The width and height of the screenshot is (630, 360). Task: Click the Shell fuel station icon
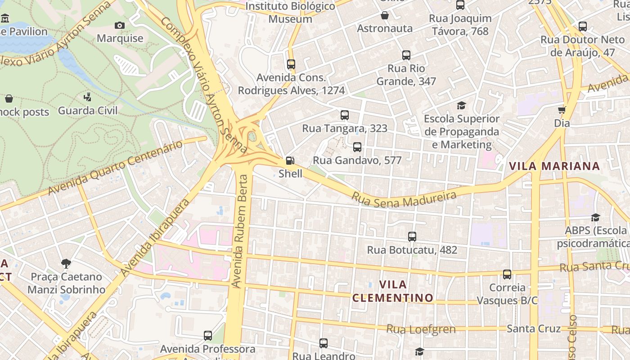[x=290, y=161]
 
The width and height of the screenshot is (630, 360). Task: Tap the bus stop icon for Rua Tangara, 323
[x=345, y=115]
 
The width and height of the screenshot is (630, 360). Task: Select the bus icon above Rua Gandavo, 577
[x=357, y=147]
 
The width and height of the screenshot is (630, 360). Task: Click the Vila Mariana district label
[x=554, y=166]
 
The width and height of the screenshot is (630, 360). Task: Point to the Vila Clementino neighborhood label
[x=393, y=291]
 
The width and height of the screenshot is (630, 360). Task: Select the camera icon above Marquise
[x=120, y=26]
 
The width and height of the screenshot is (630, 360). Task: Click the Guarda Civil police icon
[x=88, y=97]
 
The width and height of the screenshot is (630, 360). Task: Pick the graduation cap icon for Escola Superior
[x=462, y=106]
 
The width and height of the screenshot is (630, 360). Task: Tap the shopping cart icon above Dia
[x=562, y=110]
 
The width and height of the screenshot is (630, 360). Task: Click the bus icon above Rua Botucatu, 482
[x=412, y=237]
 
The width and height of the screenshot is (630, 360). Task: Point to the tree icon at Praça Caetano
[x=66, y=263]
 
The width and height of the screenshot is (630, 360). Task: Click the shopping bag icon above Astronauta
[x=385, y=16]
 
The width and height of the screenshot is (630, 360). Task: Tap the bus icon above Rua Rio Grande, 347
[x=406, y=56]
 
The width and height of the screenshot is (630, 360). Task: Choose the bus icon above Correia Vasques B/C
[x=507, y=274]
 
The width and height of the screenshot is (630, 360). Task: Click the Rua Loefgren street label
[x=421, y=329]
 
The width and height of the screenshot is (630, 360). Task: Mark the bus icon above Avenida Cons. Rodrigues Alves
[x=291, y=64]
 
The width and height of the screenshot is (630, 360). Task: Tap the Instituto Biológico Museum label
[x=290, y=13]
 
